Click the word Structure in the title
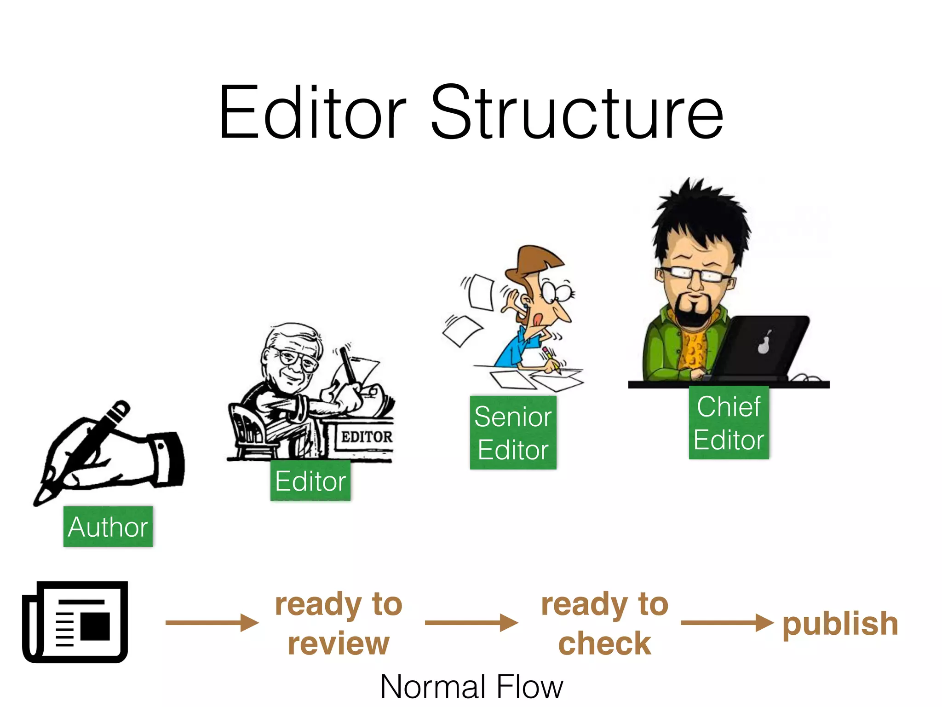tap(577, 113)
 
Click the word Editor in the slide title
tap(313, 113)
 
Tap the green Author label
tap(108, 527)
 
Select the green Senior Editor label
tap(513, 433)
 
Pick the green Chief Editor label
tap(729, 423)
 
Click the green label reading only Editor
tap(310, 481)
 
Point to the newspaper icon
tap(75, 622)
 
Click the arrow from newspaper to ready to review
tap(212, 622)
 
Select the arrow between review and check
tap(471, 622)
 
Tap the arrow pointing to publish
tap(727, 622)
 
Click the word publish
tap(840, 624)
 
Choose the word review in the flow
tap(339, 643)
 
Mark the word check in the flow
tap(604, 643)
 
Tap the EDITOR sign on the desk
tap(366, 436)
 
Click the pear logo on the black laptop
tap(764, 343)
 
